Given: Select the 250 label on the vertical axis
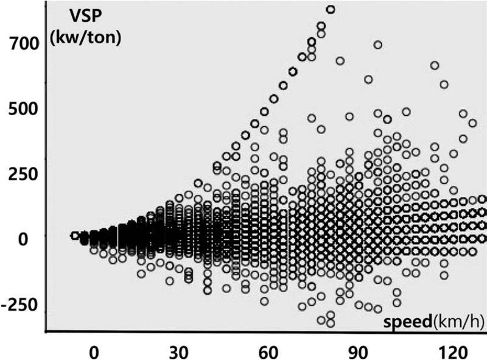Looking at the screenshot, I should click(x=23, y=174).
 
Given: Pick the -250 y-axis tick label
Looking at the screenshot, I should click(x=19, y=303).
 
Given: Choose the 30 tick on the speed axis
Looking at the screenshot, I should click(x=182, y=353).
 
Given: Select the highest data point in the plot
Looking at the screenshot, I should click(x=331, y=9).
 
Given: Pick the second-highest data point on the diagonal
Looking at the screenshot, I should click(x=321, y=26).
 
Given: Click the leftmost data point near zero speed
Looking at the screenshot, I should click(x=74, y=235).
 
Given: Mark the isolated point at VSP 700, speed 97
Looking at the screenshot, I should click(x=377, y=44).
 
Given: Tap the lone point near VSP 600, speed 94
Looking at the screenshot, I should click(x=368, y=79).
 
